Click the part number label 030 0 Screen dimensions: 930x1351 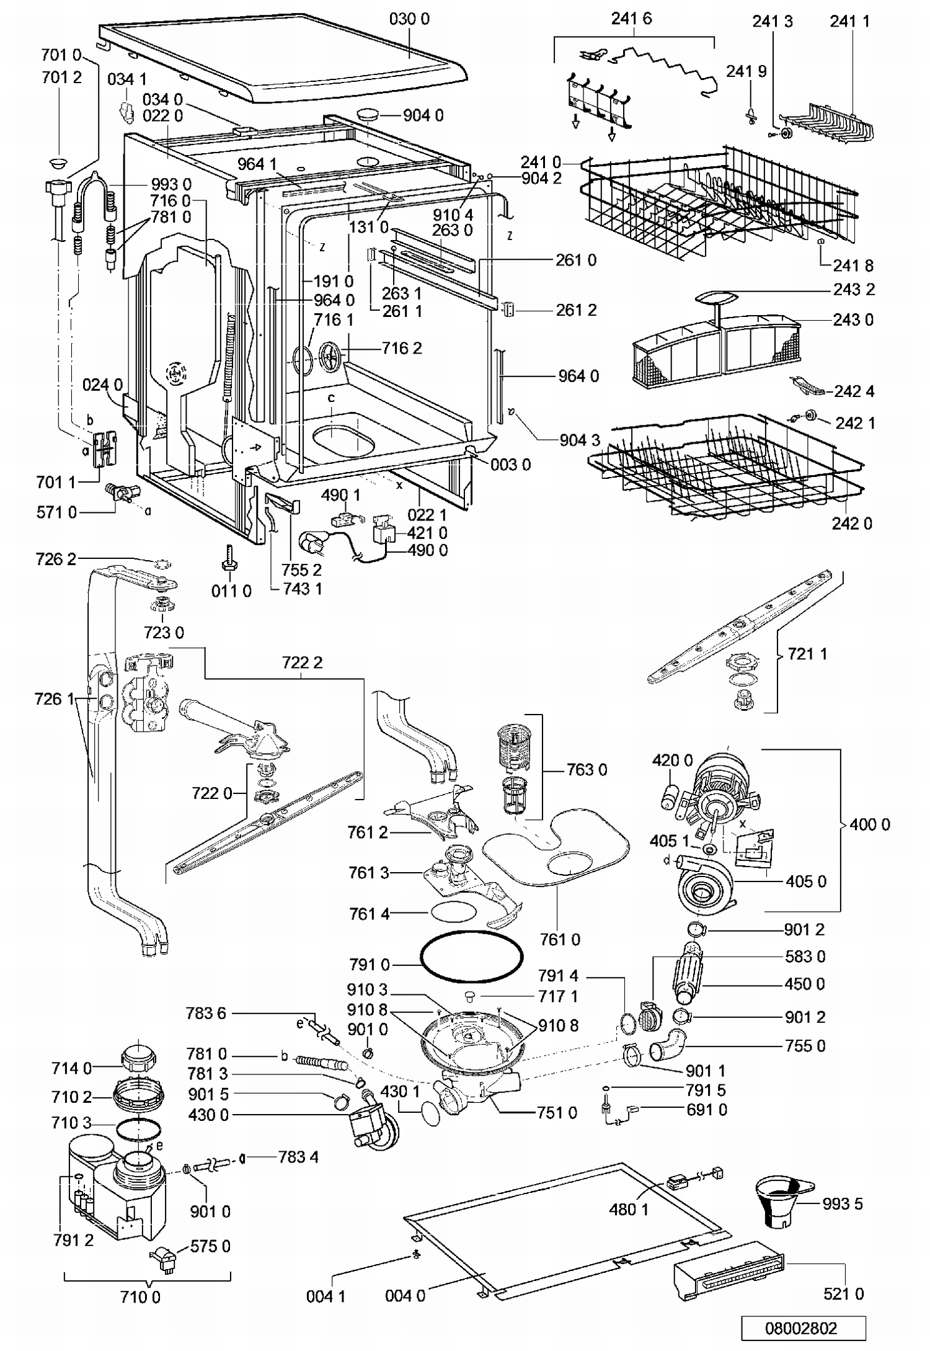pos(409,19)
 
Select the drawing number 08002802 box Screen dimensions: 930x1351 pos(804,1327)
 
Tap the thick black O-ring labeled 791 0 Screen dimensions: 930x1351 pos(472,956)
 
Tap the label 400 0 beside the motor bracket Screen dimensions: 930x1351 pos(869,824)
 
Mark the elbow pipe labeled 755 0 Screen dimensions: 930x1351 pos(668,1045)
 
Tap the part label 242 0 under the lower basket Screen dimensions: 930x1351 pos(852,524)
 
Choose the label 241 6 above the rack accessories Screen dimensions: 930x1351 pos(631,19)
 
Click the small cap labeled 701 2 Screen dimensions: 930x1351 pos(60,163)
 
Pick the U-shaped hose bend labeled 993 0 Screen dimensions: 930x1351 pos(95,192)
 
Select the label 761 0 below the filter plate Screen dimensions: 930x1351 pos(560,940)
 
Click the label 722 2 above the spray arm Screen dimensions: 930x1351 pos(303,663)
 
